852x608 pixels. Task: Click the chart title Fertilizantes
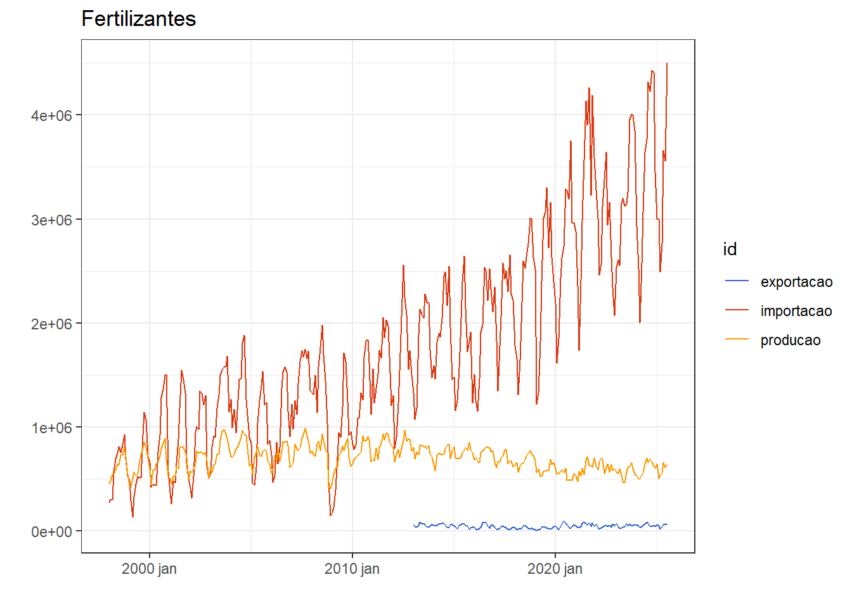[x=138, y=19]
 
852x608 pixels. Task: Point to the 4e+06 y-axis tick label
[x=51, y=116]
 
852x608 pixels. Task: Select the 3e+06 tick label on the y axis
[x=51, y=220]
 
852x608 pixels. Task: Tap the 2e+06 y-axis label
[x=51, y=324]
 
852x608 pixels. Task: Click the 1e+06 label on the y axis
[x=51, y=427]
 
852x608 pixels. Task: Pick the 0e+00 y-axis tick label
[x=51, y=531]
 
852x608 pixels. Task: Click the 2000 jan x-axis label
[x=149, y=569]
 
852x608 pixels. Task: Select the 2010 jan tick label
[x=352, y=569]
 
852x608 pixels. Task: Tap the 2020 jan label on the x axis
[x=555, y=569]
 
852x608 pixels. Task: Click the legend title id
[x=730, y=250]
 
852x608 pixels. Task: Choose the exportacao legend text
[x=796, y=282]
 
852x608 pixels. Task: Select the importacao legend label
[x=796, y=311]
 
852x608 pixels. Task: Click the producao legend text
[x=791, y=340]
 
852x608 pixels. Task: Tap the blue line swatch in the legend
[x=737, y=281]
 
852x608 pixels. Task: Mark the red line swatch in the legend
[x=737, y=310]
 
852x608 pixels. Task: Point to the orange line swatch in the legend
[x=737, y=339]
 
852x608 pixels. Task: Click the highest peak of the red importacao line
[x=667, y=63]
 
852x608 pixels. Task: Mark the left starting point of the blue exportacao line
[x=414, y=525]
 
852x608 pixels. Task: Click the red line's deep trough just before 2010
[x=330, y=515]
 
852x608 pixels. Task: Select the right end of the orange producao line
[x=667, y=465]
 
